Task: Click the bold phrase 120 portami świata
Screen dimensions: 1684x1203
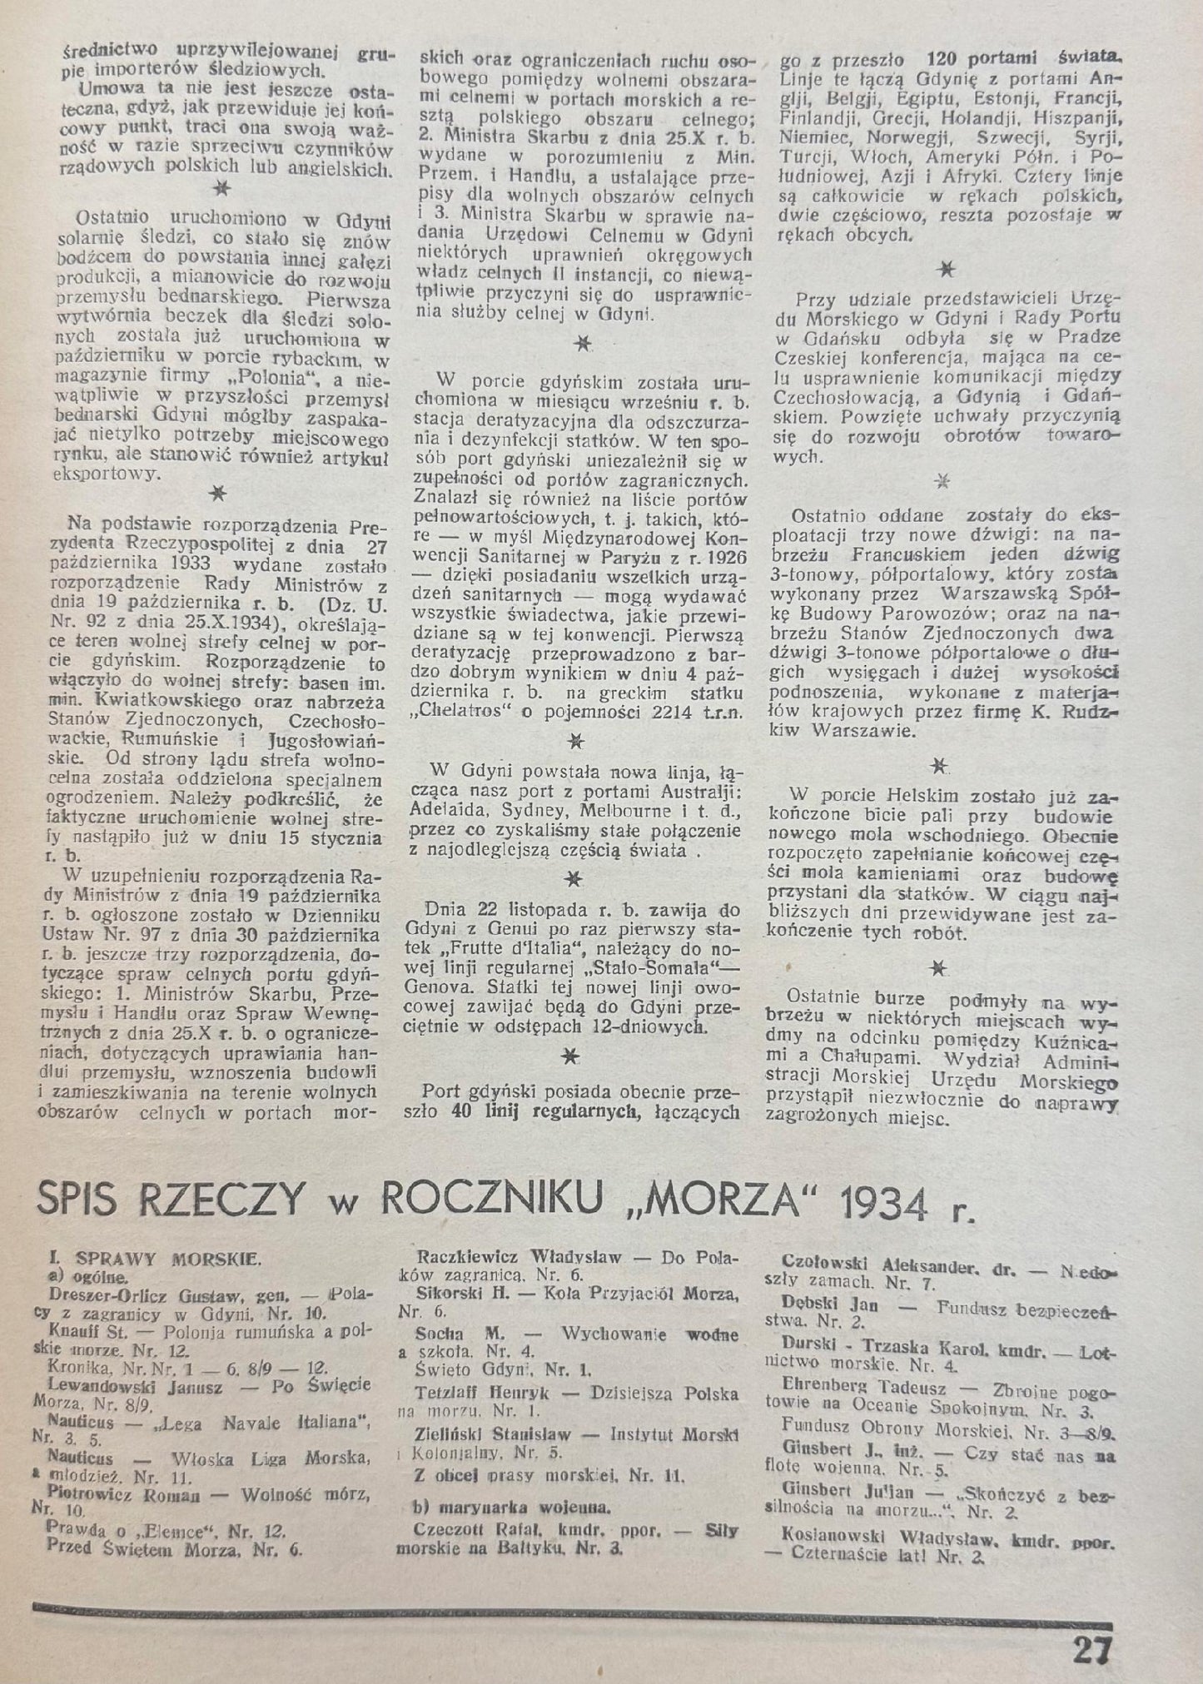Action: [x=1022, y=58]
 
